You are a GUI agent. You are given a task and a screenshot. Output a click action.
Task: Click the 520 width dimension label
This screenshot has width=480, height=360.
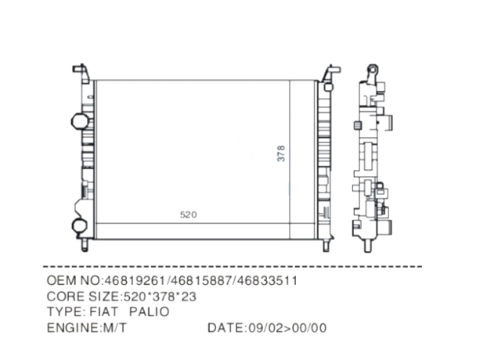(x=188, y=214)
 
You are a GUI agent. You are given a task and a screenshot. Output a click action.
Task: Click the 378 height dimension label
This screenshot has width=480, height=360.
(x=281, y=153)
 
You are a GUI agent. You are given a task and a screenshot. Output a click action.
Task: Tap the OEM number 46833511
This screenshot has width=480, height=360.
(x=267, y=280)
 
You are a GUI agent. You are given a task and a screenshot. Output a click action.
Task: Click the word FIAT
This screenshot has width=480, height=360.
(x=104, y=311)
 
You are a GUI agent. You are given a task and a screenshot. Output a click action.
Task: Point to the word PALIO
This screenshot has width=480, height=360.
(x=149, y=311)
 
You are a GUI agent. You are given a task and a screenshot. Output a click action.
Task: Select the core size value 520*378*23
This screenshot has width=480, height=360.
(x=160, y=297)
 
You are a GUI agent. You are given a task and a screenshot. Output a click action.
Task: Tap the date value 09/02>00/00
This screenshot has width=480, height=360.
(x=287, y=328)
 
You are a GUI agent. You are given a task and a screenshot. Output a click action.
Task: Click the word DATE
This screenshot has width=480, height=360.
(x=226, y=328)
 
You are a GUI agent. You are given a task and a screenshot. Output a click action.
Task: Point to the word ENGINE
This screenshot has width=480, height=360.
(x=73, y=328)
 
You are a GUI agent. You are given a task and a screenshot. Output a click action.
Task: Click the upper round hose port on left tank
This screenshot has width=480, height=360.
(x=78, y=121)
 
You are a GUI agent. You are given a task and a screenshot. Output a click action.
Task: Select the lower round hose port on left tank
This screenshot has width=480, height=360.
(x=79, y=225)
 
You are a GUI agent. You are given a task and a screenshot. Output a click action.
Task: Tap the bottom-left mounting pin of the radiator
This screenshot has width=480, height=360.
(x=85, y=245)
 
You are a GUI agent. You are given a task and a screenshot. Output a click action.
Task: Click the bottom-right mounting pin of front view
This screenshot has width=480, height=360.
(x=327, y=245)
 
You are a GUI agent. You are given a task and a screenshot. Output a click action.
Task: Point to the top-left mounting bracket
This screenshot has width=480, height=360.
(x=81, y=73)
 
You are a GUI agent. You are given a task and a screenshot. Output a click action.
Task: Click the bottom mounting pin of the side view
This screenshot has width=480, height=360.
(x=368, y=245)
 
